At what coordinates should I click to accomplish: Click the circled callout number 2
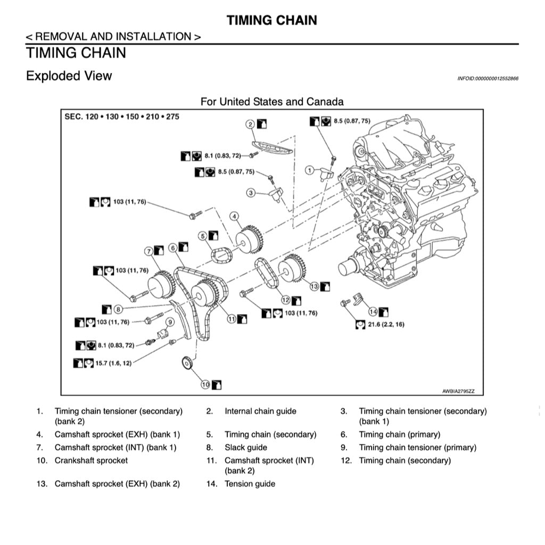(250, 124)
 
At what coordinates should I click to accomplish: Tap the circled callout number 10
(205, 384)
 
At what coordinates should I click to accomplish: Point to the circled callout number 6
(173, 247)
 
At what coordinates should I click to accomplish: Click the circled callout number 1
(309, 170)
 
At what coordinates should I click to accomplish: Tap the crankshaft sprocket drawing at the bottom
(186, 364)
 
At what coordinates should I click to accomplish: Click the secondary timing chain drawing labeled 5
(221, 255)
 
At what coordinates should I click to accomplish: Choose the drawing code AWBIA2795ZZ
(458, 391)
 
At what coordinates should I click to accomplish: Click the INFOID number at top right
(488, 79)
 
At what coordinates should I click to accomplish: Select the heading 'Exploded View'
(69, 76)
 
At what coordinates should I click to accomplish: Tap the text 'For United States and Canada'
(272, 101)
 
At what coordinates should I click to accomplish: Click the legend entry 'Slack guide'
(245, 448)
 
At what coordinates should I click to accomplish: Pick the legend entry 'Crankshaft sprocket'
(91, 460)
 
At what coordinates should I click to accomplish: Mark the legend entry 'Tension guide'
(250, 484)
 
